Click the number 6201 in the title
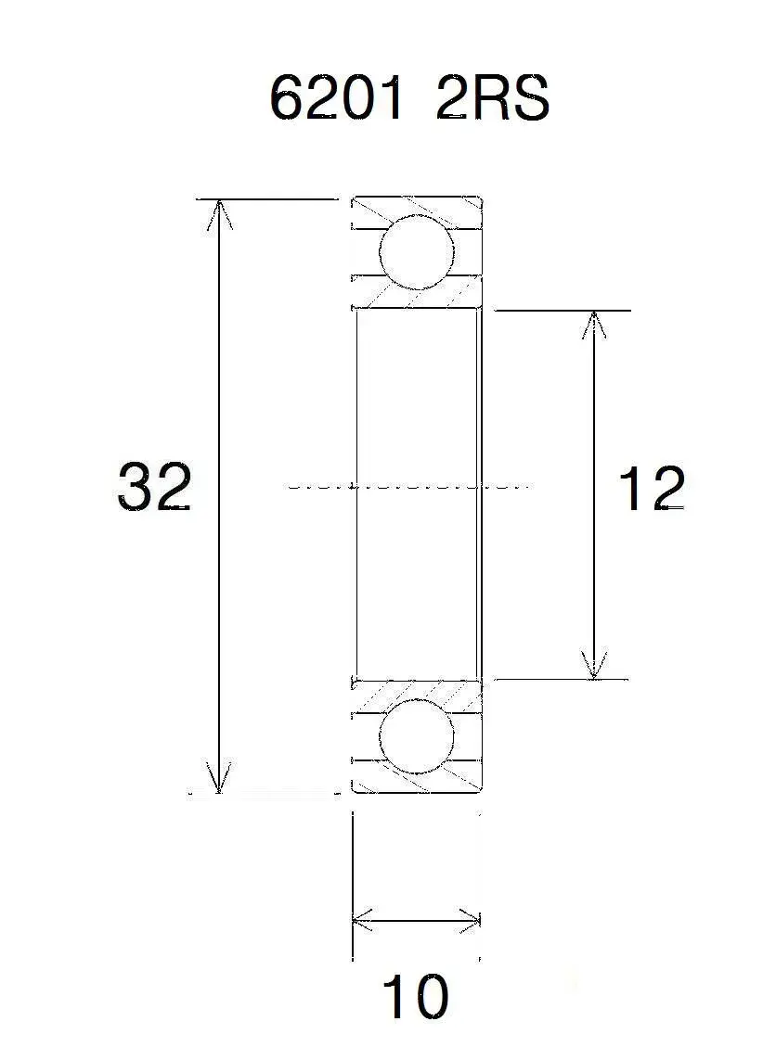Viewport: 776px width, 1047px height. (x=337, y=97)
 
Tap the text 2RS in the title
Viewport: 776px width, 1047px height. (x=493, y=97)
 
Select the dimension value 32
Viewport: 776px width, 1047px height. (x=154, y=487)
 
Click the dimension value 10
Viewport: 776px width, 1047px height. (x=415, y=996)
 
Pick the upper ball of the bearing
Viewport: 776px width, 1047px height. (x=417, y=251)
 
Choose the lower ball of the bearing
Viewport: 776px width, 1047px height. (x=417, y=736)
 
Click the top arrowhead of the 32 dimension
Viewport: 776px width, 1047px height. (x=219, y=213)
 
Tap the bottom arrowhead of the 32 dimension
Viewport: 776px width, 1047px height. (x=219, y=778)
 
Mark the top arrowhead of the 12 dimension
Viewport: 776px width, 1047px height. (x=593, y=325)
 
